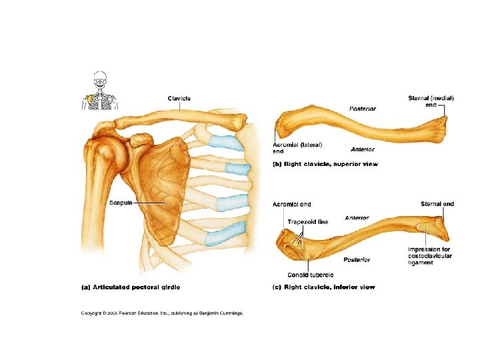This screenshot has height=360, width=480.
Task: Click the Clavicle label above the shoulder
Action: click(179, 99)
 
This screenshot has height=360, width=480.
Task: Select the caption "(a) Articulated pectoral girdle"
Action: click(131, 287)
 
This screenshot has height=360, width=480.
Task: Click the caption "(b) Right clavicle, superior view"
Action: click(325, 164)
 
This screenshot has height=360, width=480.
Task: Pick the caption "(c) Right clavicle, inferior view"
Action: click(324, 287)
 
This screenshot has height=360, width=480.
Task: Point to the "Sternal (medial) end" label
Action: click(431, 101)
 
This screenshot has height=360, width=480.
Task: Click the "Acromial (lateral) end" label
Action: click(298, 147)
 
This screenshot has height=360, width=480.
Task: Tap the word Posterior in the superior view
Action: click(362, 108)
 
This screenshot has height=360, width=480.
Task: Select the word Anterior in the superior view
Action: click(363, 149)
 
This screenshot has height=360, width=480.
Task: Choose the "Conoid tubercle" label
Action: click(311, 275)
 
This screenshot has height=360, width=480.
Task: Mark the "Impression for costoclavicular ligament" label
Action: click(430, 256)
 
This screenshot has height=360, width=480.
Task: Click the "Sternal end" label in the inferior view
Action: click(437, 204)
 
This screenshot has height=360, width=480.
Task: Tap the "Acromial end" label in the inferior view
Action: click(292, 204)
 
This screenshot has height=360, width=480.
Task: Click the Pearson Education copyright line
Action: click(162, 312)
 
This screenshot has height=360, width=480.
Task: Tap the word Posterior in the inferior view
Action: click(357, 259)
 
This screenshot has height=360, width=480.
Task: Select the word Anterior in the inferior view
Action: click(357, 218)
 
